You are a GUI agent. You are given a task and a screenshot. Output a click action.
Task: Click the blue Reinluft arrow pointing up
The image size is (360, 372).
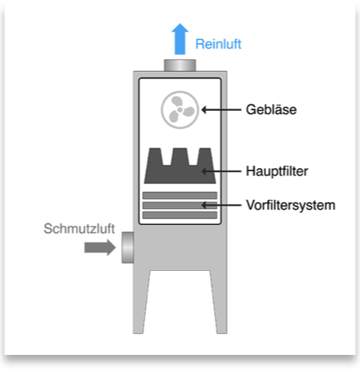(180, 39)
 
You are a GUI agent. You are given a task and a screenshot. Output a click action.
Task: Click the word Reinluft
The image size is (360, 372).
(218, 44)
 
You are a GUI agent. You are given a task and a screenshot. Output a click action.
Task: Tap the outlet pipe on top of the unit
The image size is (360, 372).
(180, 65)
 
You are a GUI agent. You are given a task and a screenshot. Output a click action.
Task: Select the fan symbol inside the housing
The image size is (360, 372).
(180, 109)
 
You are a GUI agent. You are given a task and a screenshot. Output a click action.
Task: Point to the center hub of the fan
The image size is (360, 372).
(180, 109)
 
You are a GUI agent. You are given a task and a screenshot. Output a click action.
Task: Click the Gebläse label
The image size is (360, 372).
(271, 109)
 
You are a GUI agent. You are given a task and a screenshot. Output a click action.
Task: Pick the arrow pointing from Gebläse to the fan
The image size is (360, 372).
(221, 110)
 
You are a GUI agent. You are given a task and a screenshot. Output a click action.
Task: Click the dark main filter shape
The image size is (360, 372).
(180, 166)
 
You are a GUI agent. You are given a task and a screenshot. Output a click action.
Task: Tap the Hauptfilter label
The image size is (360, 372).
(277, 171)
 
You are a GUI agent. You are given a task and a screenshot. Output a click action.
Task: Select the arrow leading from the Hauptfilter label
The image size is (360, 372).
(221, 171)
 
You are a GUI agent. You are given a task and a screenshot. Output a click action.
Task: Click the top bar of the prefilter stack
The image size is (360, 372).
(180, 195)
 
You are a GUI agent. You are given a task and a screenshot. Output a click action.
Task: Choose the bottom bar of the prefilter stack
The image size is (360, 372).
(180, 215)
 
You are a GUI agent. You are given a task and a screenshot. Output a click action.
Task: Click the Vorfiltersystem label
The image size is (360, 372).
(291, 206)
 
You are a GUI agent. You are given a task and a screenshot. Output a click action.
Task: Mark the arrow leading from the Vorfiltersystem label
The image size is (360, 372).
(221, 205)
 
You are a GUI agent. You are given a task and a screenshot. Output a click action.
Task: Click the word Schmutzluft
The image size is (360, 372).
(79, 228)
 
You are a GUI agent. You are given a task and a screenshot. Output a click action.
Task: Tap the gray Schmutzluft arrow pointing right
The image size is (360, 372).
(100, 247)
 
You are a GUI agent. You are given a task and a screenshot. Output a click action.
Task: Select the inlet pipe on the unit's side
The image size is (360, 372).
(127, 247)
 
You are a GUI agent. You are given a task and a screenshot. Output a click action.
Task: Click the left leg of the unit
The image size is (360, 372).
(141, 302)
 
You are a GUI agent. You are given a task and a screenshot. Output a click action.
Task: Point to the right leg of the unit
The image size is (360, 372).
(219, 302)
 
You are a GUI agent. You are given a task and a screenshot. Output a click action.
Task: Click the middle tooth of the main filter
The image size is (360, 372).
(180, 157)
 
